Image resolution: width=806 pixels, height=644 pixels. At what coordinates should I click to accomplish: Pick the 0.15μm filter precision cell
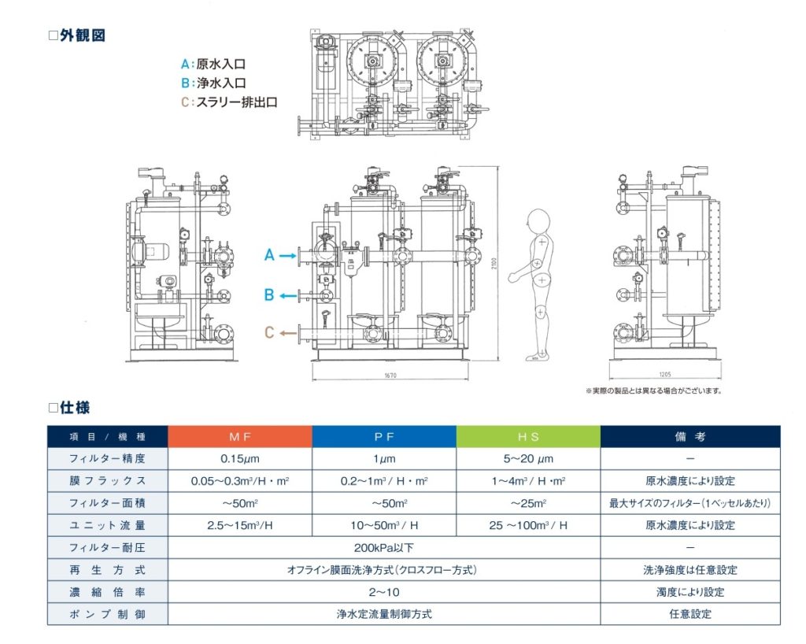(240, 458)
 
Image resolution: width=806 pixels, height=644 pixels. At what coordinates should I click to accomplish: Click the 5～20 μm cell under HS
(528, 458)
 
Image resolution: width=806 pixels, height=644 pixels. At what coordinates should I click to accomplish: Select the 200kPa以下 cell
(384, 547)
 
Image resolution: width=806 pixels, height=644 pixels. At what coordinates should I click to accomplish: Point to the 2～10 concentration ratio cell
(384, 591)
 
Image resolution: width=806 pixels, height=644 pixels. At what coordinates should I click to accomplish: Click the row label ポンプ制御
(108, 613)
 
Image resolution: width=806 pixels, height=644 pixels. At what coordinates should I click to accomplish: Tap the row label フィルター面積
(108, 502)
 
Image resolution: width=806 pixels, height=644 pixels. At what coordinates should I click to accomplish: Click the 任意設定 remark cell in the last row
(690, 613)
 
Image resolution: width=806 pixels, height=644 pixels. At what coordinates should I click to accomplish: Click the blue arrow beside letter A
(285, 255)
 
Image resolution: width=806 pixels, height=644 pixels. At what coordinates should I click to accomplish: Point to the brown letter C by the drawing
(269, 332)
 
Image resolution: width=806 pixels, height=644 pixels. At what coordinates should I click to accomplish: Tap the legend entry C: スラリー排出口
(229, 102)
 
